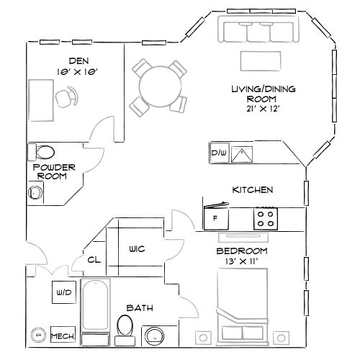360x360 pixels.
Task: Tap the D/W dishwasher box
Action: coord(218,153)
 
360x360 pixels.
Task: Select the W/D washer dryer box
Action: coord(62,293)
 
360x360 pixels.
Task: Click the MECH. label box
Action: coord(63,336)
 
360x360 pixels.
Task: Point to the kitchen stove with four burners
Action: coord(265,217)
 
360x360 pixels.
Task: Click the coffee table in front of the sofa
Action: coord(261,58)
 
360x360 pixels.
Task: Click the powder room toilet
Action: coord(43,152)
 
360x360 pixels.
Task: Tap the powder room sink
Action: coord(34,192)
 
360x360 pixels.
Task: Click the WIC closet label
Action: coord(137,249)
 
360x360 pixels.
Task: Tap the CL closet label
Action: coord(94,260)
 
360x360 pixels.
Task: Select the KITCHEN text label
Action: coord(251,190)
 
